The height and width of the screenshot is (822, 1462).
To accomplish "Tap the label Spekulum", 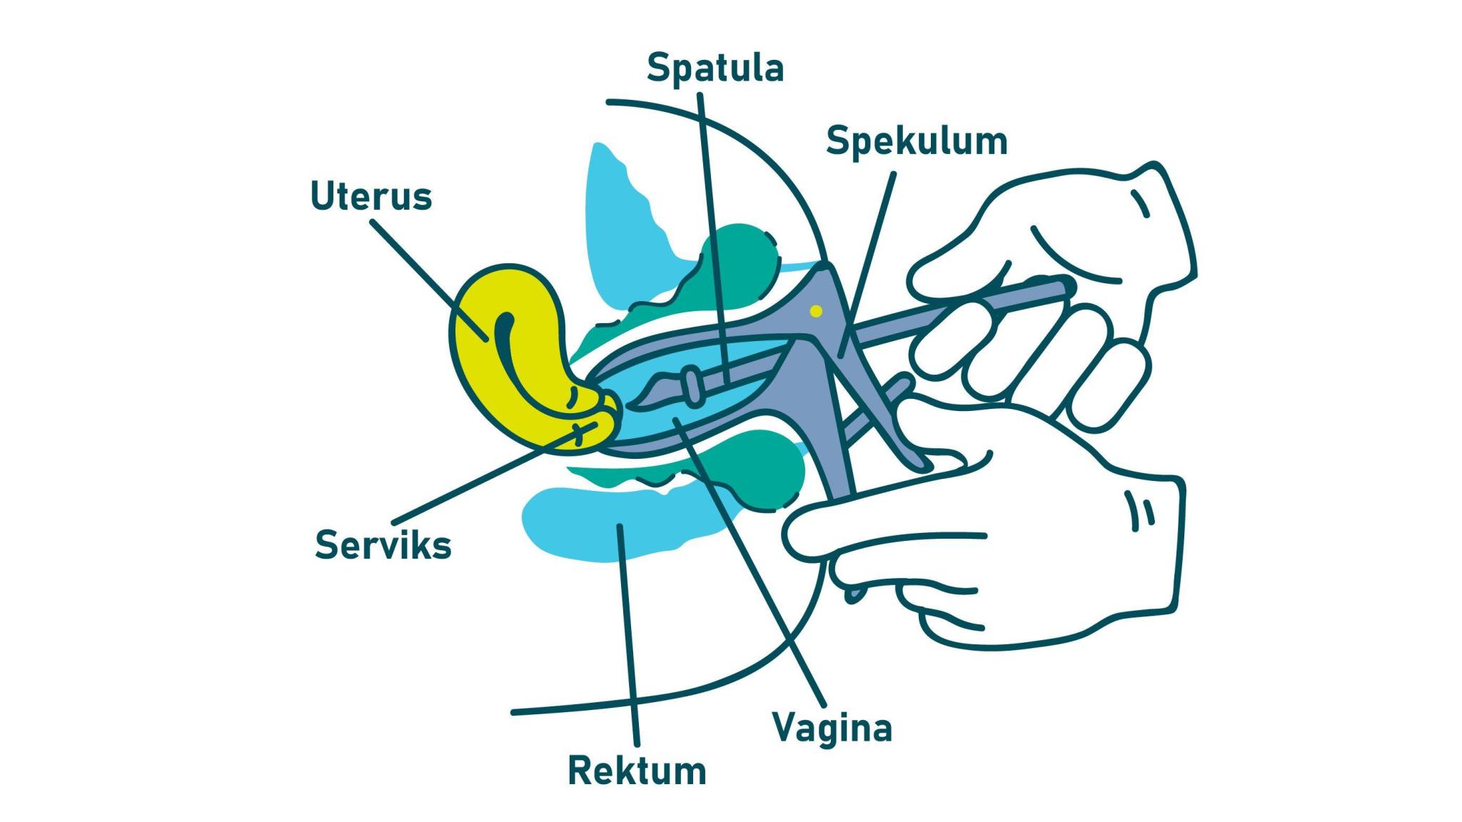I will (917, 141).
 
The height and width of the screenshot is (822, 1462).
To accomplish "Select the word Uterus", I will (371, 196).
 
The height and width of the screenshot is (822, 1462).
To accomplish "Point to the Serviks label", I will (383, 546).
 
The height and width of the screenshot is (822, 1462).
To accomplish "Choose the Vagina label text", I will (832, 729).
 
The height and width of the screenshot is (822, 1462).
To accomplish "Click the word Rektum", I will (637, 771).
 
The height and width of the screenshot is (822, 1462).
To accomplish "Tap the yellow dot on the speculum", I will (817, 311).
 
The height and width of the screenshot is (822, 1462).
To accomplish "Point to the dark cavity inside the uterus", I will (504, 335).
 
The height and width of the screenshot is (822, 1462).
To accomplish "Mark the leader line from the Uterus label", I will (428, 278).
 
